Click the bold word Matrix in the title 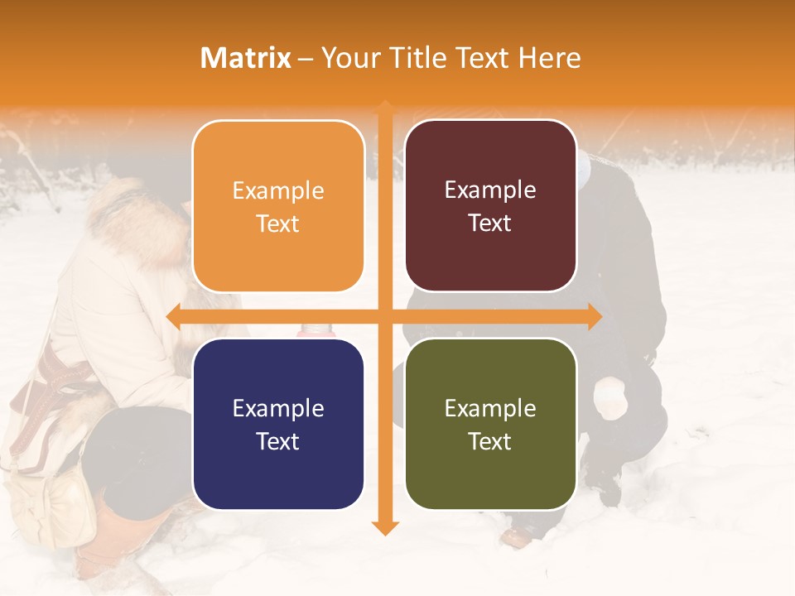(246, 58)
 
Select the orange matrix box (278, 206)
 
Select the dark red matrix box (490, 206)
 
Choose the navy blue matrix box (278, 424)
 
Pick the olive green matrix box (490, 424)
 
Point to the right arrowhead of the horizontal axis (594, 317)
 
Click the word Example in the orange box (278, 191)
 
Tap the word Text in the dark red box (490, 223)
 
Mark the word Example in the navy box (278, 408)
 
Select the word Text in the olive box (490, 441)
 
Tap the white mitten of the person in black (610, 397)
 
